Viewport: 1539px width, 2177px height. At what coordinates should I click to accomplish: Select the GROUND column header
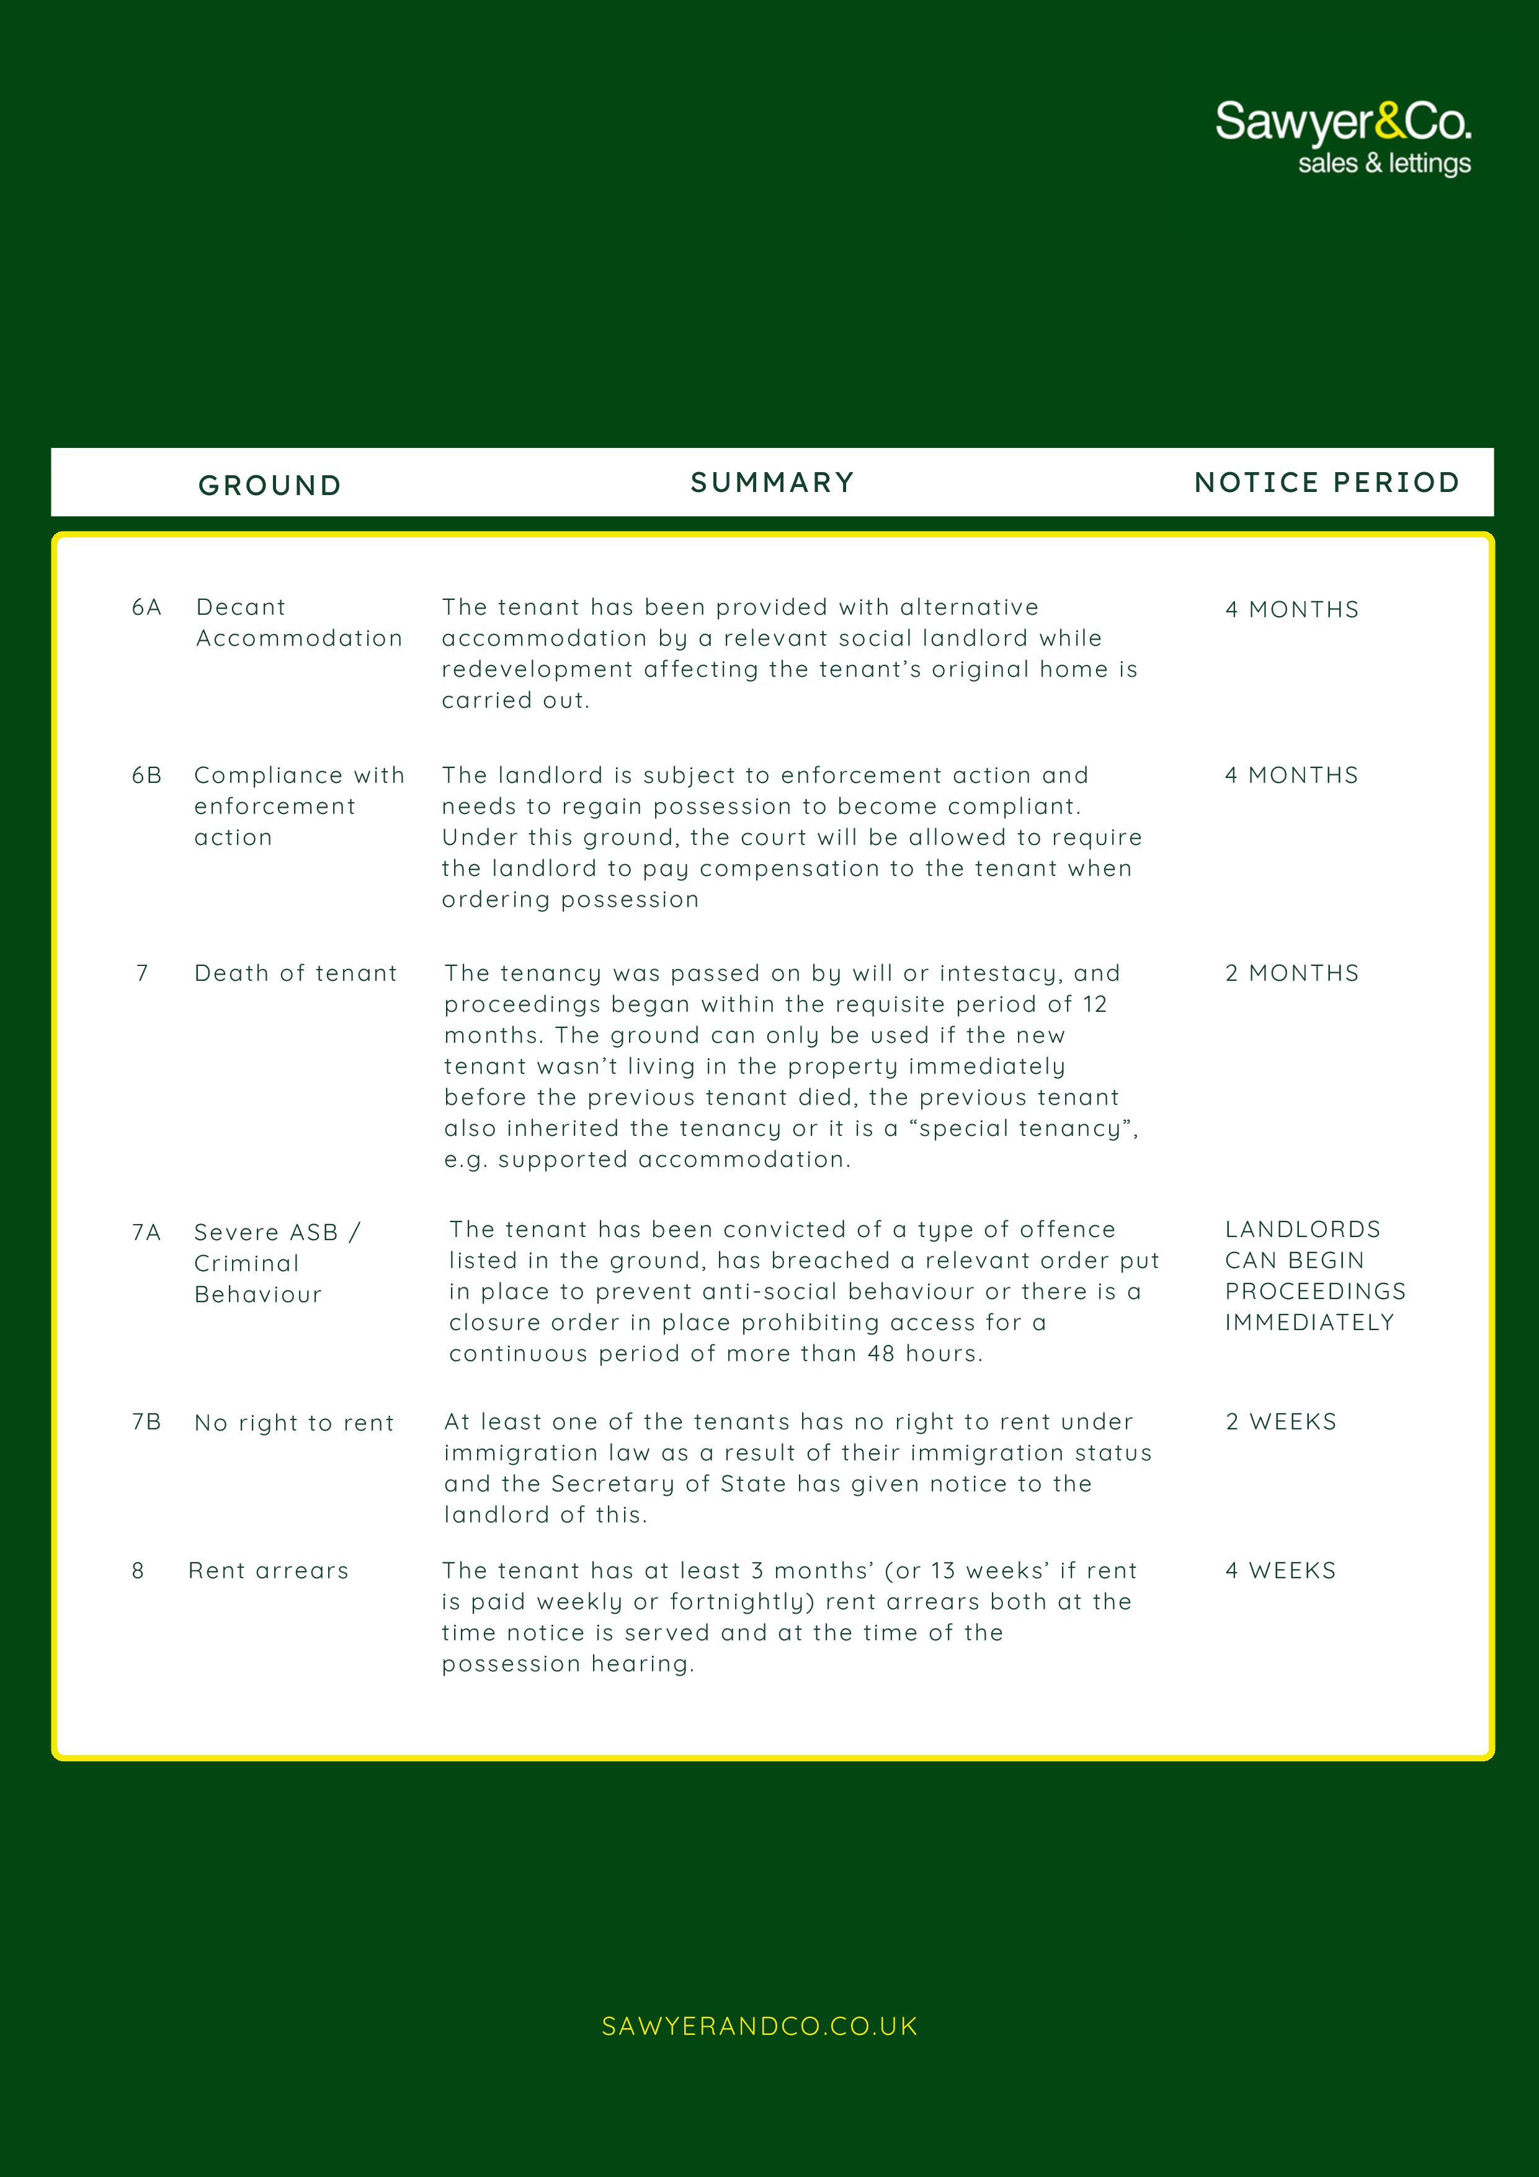(269, 485)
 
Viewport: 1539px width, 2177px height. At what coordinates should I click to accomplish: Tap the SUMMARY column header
(772, 483)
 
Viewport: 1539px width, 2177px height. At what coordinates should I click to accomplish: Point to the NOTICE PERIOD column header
(1327, 483)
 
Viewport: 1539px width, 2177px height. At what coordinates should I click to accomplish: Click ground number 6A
(147, 607)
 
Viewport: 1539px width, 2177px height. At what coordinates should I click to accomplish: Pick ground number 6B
(147, 776)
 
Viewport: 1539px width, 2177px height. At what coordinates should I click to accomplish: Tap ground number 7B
(147, 1421)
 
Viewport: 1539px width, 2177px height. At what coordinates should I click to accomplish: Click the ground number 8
(138, 1570)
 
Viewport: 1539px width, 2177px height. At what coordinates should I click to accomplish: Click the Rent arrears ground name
(269, 1570)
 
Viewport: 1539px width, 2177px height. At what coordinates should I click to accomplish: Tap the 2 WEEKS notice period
(1280, 1421)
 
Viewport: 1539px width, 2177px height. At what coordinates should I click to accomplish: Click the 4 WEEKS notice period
(1280, 1570)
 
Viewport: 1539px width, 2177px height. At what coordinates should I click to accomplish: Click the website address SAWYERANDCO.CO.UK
(759, 2026)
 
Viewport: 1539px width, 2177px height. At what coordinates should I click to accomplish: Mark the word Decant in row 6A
(241, 607)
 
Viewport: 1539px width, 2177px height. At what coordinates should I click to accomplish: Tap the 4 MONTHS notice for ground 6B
(1291, 776)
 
